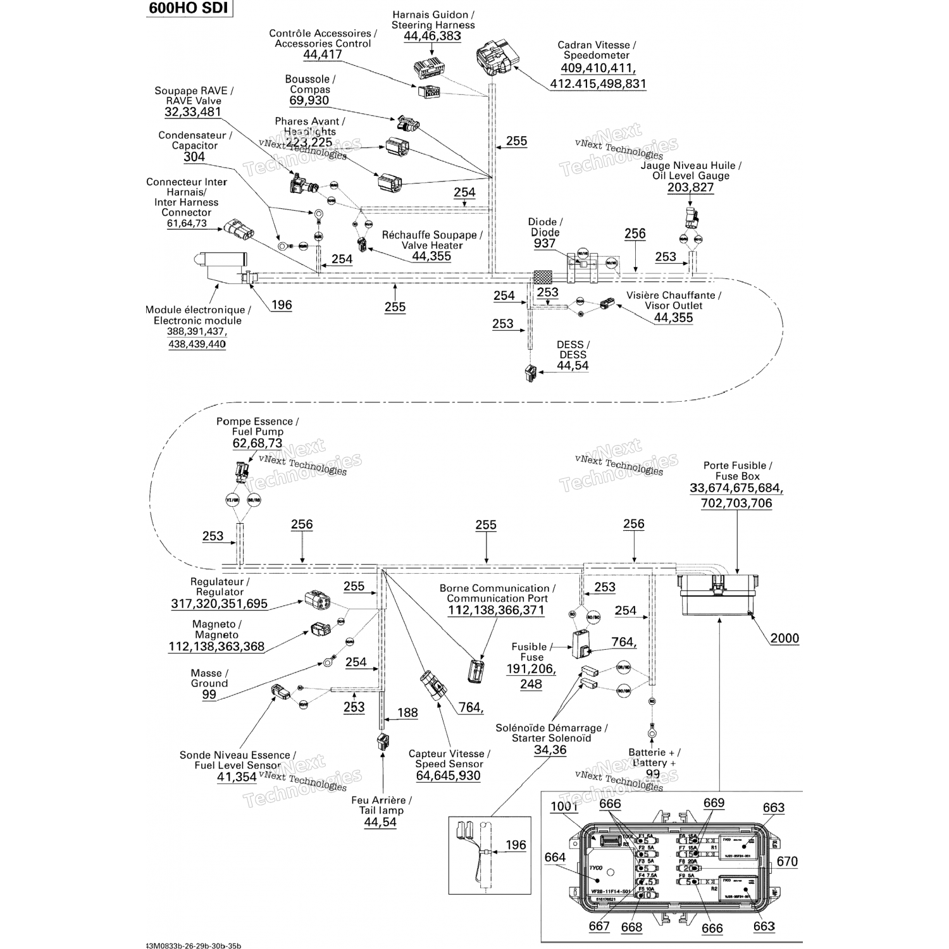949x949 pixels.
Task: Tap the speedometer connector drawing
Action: [x=497, y=56]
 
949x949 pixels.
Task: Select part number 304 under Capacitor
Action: [x=194, y=157]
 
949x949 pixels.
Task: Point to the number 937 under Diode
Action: [x=544, y=244]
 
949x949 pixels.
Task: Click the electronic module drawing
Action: [x=221, y=268]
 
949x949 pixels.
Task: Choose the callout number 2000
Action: [x=785, y=638]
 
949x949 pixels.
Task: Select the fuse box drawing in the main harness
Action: [x=718, y=594]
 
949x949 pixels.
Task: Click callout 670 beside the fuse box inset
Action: [x=787, y=861]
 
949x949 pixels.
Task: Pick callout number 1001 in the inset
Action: [x=564, y=806]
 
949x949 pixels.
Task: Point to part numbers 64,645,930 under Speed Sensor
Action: [x=449, y=775]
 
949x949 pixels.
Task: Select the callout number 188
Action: [x=407, y=712]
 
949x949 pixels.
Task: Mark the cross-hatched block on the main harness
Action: [x=543, y=276]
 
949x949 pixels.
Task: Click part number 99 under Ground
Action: [x=209, y=694]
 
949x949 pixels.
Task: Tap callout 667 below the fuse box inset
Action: [x=599, y=926]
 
